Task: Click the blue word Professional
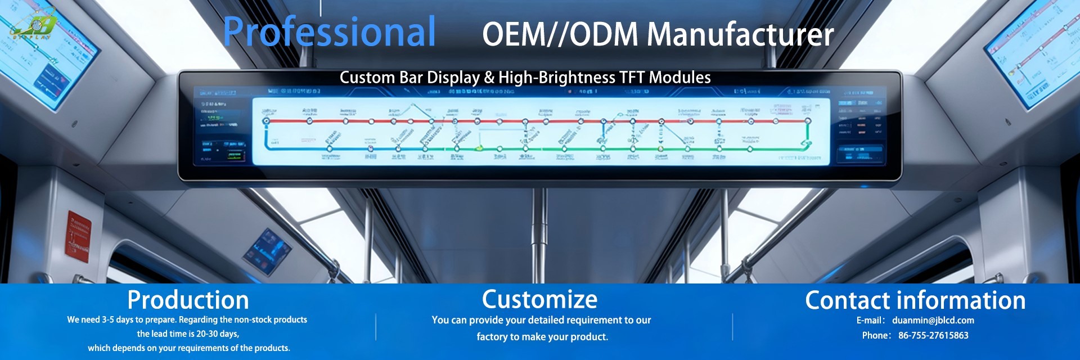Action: (329, 33)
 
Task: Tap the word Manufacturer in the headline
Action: (740, 35)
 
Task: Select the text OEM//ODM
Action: (560, 35)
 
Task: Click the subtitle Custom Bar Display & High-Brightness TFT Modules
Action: (525, 78)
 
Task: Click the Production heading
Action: (188, 300)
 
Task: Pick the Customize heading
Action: (539, 299)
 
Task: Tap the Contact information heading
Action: (915, 300)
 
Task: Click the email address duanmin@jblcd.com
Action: (933, 321)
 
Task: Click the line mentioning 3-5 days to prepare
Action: (187, 319)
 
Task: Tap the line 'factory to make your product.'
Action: (542, 337)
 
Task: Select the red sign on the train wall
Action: (78, 237)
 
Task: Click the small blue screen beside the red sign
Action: (267, 251)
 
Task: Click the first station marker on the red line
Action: (267, 121)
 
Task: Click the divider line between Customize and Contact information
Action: (732, 327)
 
